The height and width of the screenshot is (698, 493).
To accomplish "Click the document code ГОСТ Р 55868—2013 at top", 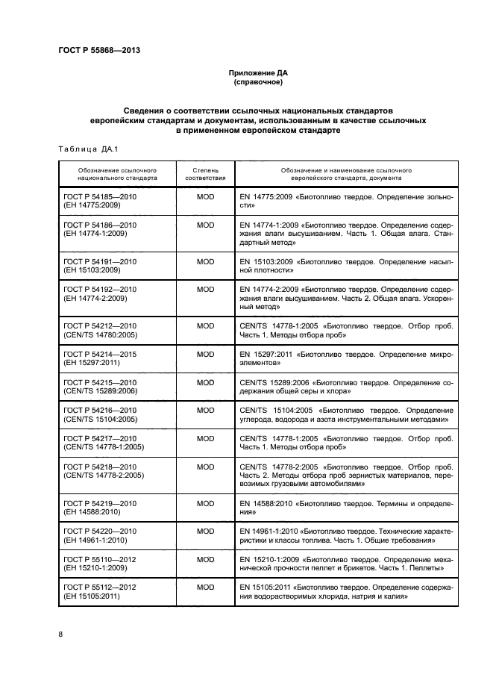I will [x=99, y=51].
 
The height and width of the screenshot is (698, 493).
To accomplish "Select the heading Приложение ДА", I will [x=257, y=73].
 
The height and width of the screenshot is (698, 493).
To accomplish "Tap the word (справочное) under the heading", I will [x=257, y=82].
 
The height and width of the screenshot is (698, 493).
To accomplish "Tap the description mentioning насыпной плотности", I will [x=346, y=267].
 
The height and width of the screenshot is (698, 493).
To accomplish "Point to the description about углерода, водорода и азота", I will [x=346, y=415].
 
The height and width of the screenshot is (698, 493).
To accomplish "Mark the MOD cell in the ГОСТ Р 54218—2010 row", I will [x=205, y=466].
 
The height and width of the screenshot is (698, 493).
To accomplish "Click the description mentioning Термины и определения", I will [x=346, y=509].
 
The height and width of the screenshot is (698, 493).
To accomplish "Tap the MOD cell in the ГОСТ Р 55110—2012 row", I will [x=205, y=558].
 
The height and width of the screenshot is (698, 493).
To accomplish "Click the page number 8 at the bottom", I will [x=60, y=635].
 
